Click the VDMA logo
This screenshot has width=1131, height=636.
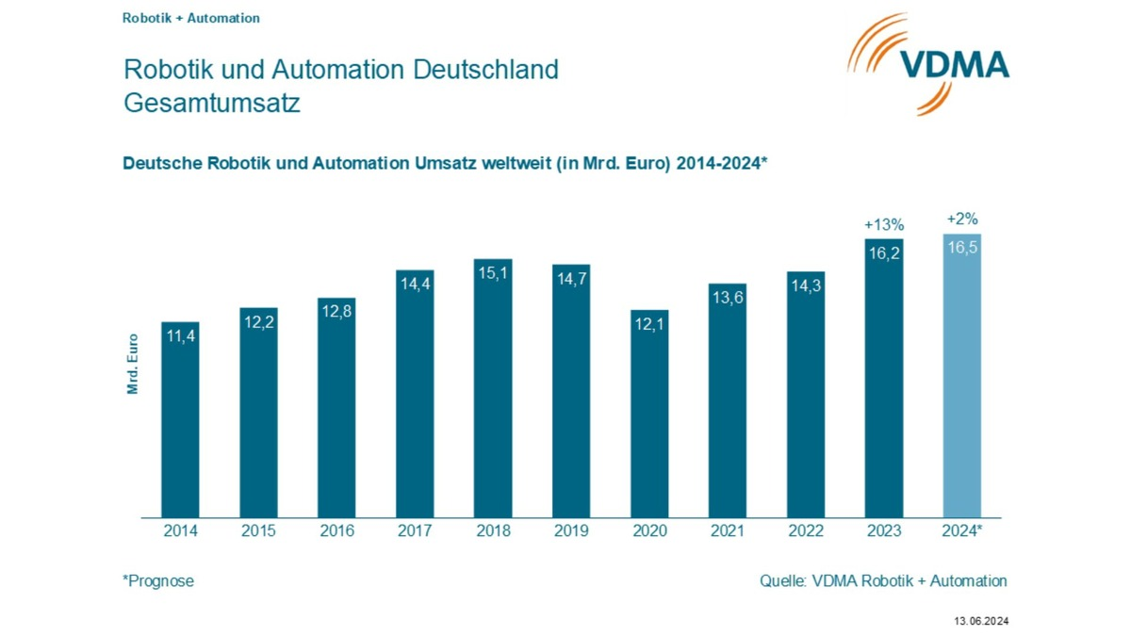tap(928, 63)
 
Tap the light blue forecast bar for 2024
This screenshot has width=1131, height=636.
tap(962, 376)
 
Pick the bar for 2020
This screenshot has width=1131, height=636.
tap(649, 414)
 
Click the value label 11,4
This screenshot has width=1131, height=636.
tap(180, 335)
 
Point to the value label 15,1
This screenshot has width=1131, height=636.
tap(493, 273)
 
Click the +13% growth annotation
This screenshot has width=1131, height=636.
tap(884, 225)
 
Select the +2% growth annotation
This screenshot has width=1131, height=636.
tap(962, 220)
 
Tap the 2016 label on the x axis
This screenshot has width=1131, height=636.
tap(336, 531)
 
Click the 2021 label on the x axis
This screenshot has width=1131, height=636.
tap(728, 531)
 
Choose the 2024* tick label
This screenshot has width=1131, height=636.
tap(962, 531)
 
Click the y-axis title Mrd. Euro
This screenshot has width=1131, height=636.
tap(133, 364)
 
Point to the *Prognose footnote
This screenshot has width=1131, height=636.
tap(158, 581)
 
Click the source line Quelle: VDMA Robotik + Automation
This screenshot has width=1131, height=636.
tap(883, 581)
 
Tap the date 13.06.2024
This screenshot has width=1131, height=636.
tap(981, 621)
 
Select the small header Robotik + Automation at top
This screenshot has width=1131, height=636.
tap(191, 18)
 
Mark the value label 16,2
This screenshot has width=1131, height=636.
tap(884, 253)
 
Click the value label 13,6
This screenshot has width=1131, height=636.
tap(728, 298)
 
